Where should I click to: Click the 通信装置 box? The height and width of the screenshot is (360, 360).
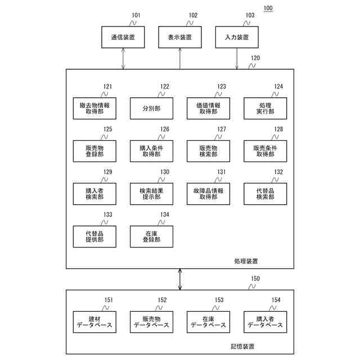[x=123, y=38]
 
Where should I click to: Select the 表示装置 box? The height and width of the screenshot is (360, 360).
[x=180, y=38]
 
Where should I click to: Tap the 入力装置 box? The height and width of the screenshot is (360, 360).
[x=237, y=38]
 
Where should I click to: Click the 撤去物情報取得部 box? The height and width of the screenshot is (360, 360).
[x=94, y=108]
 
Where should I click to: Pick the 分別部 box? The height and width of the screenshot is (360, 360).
[x=151, y=108]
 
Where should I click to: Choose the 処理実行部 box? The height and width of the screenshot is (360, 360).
[x=265, y=108]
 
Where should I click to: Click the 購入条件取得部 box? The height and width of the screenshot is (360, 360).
[x=151, y=151]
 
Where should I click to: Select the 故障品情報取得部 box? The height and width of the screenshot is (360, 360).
[x=208, y=193]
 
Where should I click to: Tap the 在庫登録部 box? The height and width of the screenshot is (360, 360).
[x=151, y=236]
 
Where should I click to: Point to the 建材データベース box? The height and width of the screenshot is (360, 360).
[x=94, y=322]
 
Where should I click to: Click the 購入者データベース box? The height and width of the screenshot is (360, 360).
[x=265, y=322]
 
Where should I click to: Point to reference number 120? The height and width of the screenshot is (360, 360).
[x=255, y=58]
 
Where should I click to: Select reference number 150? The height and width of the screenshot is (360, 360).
[x=255, y=278]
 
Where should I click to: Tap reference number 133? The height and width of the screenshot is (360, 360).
[x=107, y=215]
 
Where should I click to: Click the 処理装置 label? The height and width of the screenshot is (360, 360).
[x=246, y=261]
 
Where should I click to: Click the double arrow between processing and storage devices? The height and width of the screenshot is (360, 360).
[x=180, y=278]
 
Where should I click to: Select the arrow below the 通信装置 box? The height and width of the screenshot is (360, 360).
[x=123, y=58]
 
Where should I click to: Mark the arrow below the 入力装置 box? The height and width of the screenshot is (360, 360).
[x=237, y=58]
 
